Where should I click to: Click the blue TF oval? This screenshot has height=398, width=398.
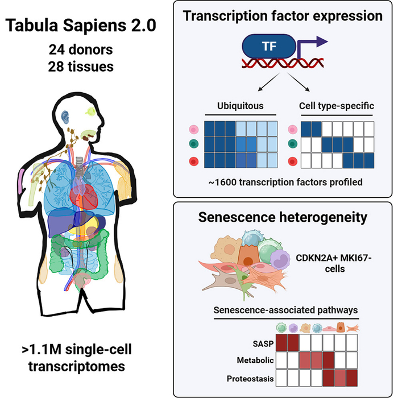pyautogui.click(x=269, y=47)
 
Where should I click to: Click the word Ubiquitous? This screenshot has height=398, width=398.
pyautogui.click(x=241, y=106)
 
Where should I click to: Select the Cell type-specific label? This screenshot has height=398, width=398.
pyautogui.click(x=337, y=106)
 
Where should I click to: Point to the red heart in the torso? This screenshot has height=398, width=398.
pyautogui.click(x=84, y=196)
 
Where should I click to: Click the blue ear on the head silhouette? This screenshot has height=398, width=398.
pyautogui.click(x=65, y=117)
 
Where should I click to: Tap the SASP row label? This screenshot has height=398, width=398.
pyautogui.click(x=263, y=343)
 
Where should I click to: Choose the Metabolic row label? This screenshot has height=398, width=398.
pyautogui.click(x=255, y=360)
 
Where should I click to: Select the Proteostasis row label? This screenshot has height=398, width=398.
pyautogui.click(x=250, y=379)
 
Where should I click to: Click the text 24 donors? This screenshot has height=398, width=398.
pyautogui.click(x=81, y=49)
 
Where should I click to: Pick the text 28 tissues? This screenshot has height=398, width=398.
pyautogui.click(x=81, y=67)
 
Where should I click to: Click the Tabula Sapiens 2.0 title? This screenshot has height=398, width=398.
pyautogui.click(x=81, y=26)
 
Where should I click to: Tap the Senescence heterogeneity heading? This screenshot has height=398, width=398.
pyautogui.click(x=283, y=217)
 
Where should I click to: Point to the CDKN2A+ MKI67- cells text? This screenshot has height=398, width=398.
pyautogui.click(x=334, y=263)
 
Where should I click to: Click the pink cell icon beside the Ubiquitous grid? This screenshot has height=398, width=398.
pyautogui.click(x=194, y=130)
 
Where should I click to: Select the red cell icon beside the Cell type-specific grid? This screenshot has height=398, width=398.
pyautogui.click(x=293, y=161)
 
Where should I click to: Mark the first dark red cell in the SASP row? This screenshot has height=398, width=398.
pyautogui.click(x=281, y=342)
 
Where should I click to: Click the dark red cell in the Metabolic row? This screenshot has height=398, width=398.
pyautogui.click(x=328, y=360)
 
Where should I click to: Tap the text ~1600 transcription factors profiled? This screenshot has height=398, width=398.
pyautogui.click(x=285, y=183)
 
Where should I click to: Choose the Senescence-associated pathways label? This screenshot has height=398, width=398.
pyautogui.click(x=285, y=310)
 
